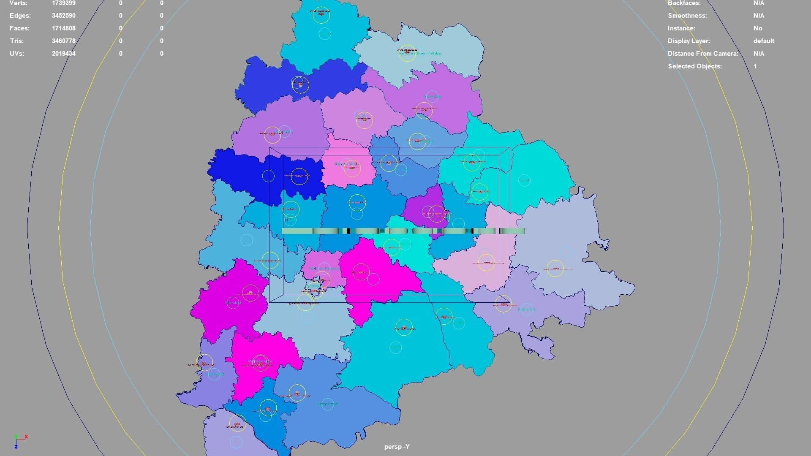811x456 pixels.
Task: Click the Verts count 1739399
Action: [x=63, y=3]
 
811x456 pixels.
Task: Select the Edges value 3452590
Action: [x=63, y=16]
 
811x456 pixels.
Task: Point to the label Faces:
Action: [x=19, y=28]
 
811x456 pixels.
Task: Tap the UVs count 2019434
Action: [x=63, y=54]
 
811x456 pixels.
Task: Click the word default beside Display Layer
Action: [x=763, y=41]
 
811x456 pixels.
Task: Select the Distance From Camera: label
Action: [x=702, y=54]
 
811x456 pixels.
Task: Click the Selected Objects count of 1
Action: [x=755, y=66]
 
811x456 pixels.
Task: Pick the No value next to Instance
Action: [x=757, y=28]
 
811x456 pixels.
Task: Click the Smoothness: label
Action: [x=687, y=16]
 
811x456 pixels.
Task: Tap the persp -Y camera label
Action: [x=397, y=447]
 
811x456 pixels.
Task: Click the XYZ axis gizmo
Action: [x=19, y=441]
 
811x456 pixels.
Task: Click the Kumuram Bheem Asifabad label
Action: [x=420, y=54]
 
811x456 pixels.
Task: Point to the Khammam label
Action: [x=526, y=309]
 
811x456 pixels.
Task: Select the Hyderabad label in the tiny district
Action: [x=313, y=286]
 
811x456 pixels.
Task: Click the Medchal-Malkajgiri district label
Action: [x=323, y=269]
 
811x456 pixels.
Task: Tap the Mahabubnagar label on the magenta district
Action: [x=259, y=362]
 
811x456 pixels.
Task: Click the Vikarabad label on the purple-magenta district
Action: [x=233, y=303]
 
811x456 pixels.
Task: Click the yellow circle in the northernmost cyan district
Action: [x=321, y=15]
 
